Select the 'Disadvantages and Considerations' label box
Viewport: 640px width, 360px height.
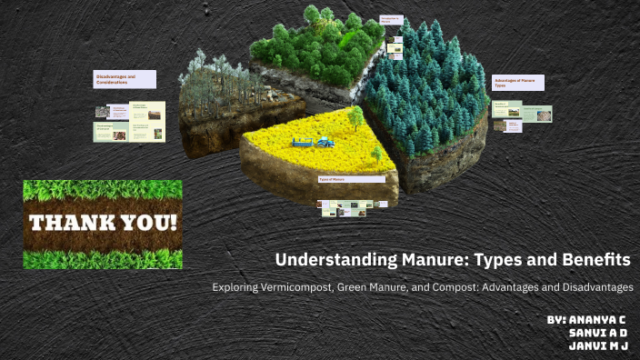coord(125,79)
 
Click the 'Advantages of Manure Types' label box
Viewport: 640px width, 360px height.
coord(518,83)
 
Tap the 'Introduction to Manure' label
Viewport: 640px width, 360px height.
coord(391,21)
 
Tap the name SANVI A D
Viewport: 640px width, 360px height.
coord(599,334)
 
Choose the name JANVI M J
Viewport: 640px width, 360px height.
coord(599,346)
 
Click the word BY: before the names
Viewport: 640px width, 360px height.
coord(557,321)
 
